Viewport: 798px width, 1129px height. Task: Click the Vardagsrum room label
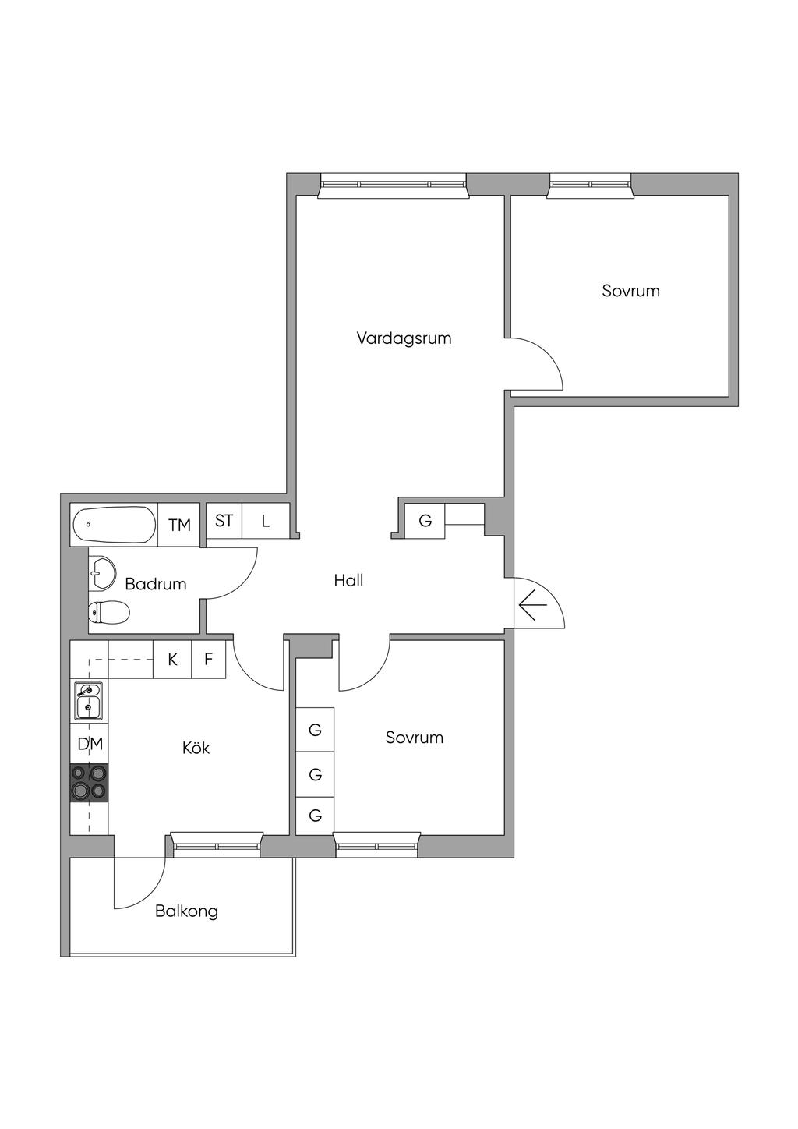pyautogui.click(x=404, y=338)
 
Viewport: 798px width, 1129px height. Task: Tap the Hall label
pyautogui.click(x=348, y=581)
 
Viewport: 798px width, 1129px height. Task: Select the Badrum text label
pyautogui.click(x=156, y=584)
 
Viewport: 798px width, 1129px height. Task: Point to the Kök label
pyautogui.click(x=196, y=748)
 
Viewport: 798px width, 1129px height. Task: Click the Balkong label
pyautogui.click(x=186, y=911)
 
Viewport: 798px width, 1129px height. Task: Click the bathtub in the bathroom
pyautogui.click(x=115, y=525)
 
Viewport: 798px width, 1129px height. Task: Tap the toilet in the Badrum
pyautogui.click(x=109, y=612)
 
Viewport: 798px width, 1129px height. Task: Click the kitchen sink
pyautogui.click(x=89, y=701)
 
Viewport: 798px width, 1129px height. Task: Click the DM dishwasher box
pyautogui.click(x=90, y=744)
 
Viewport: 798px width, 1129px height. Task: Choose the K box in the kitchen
pyautogui.click(x=172, y=660)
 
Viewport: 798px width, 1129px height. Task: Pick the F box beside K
pyautogui.click(x=209, y=660)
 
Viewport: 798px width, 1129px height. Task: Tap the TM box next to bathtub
pyautogui.click(x=178, y=525)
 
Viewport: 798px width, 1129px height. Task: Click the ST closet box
pyautogui.click(x=224, y=521)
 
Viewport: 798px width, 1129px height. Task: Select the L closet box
pyautogui.click(x=266, y=521)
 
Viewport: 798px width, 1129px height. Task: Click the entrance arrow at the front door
pyautogui.click(x=533, y=605)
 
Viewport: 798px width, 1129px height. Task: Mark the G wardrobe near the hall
pyautogui.click(x=425, y=521)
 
